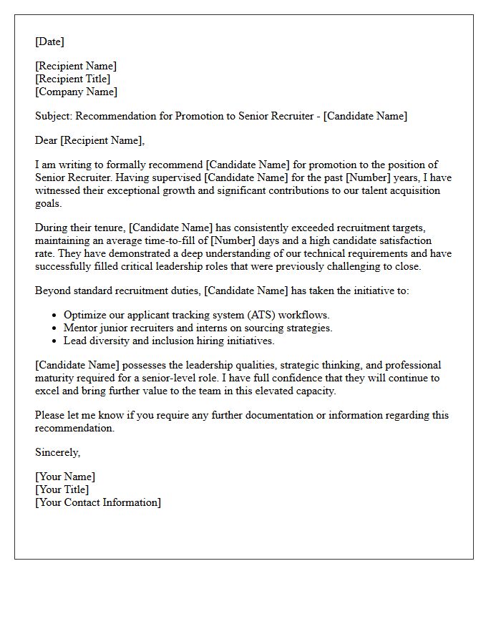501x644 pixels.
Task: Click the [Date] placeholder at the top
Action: [x=49, y=42]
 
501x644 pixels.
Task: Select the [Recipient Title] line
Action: [x=72, y=79]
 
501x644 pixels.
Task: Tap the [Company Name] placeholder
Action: [x=76, y=92]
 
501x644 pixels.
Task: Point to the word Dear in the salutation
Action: [x=47, y=140]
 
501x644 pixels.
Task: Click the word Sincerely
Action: [x=57, y=452]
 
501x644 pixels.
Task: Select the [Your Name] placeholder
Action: [x=65, y=477]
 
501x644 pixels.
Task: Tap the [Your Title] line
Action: [x=62, y=489]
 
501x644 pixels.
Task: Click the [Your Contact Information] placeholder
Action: [x=98, y=502]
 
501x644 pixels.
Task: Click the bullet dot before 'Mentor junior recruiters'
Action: [x=54, y=328]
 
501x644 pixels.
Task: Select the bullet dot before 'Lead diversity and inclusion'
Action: [x=54, y=341]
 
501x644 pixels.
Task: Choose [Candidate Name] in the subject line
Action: [x=365, y=116]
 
